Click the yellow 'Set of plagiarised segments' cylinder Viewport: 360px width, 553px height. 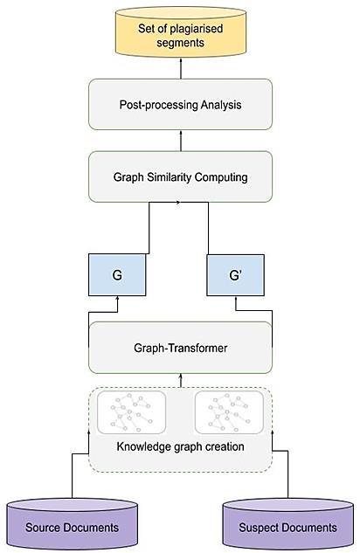pyautogui.click(x=181, y=32)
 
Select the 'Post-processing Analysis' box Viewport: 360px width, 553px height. pyautogui.click(x=180, y=104)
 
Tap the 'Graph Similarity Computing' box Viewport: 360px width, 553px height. pyautogui.click(x=180, y=176)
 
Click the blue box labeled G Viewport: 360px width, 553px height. pyautogui.click(x=117, y=274)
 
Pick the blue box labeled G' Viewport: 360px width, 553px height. pyautogui.click(x=235, y=274)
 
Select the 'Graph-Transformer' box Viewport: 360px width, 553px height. pyautogui.click(x=180, y=348)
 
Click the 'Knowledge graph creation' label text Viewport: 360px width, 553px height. pyautogui.click(x=180, y=446)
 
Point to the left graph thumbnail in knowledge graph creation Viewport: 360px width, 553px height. pyautogui.click(x=131, y=412)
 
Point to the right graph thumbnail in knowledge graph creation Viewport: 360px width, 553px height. pyautogui.click(x=229, y=412)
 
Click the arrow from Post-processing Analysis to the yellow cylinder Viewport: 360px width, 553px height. pyautogui.click(x=181, y=68)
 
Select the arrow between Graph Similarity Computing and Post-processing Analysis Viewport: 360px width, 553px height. pyautogui.click(x=181, y=141)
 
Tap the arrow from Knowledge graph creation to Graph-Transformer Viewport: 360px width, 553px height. pyautogui.click(x=181, y=381)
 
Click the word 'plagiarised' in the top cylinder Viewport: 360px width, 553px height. pyautogui.click(x=196, y=29)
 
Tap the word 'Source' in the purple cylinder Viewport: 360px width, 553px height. pyautogui.click(x=43, y=528)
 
